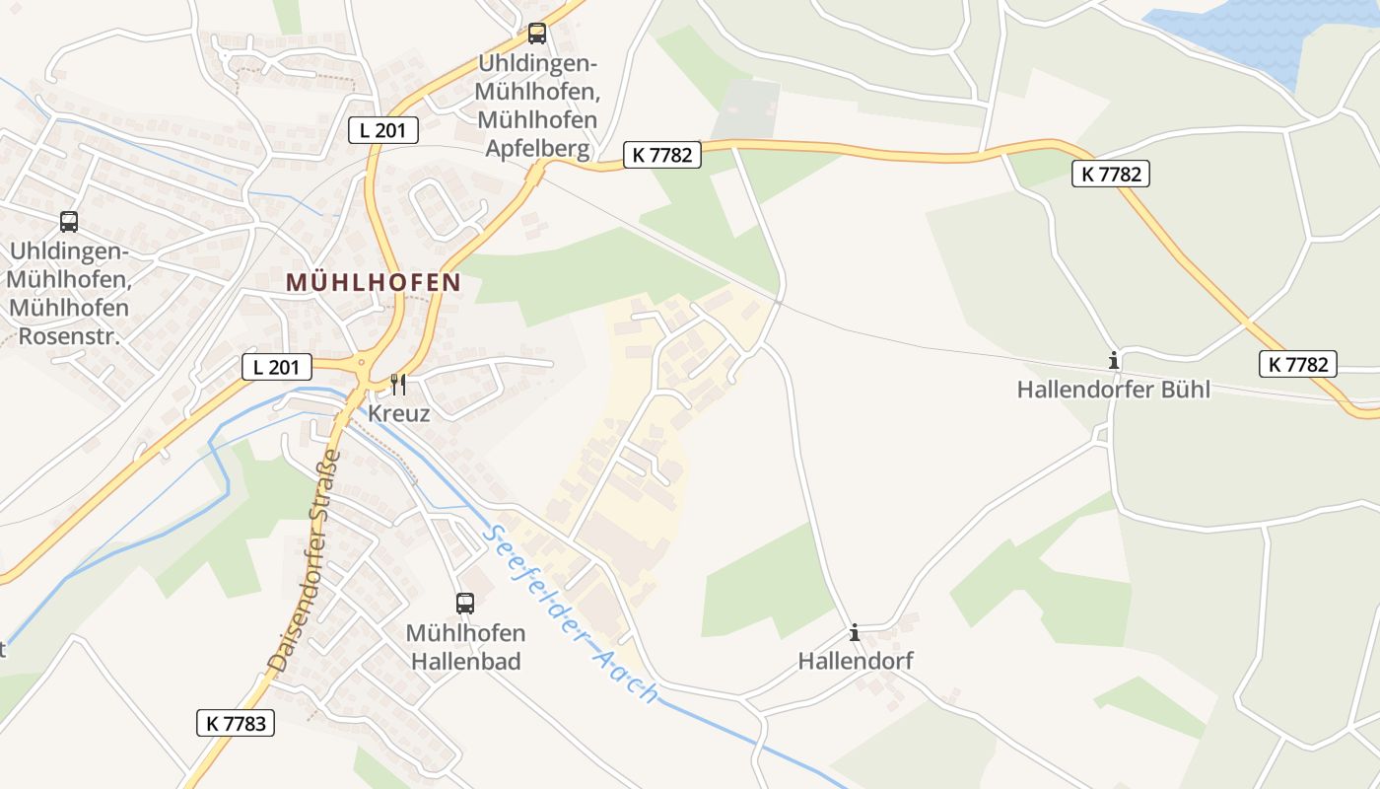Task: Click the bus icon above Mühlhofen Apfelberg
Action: tap(537, 34)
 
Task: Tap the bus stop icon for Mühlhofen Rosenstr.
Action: tap(69, 222)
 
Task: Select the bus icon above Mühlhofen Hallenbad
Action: tap(465, 603)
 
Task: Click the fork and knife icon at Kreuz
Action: tap(398, 384)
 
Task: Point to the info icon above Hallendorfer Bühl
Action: tap(1114, 361)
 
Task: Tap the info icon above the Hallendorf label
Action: tap(855, 632)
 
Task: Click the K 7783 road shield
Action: tap(236, 723)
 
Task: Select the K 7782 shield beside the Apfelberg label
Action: tap(662, 154)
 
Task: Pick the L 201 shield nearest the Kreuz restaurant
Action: tap(277, 367)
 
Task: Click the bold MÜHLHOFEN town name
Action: tap(374, 282)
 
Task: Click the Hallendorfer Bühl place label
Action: tap(1114, 390)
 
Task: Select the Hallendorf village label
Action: tap(856, 661)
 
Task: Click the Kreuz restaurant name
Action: tap(399, 413)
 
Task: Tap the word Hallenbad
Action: tap(465, 662)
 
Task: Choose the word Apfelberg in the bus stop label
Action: tap(537, 148)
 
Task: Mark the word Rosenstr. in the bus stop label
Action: tap(69, 336)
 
